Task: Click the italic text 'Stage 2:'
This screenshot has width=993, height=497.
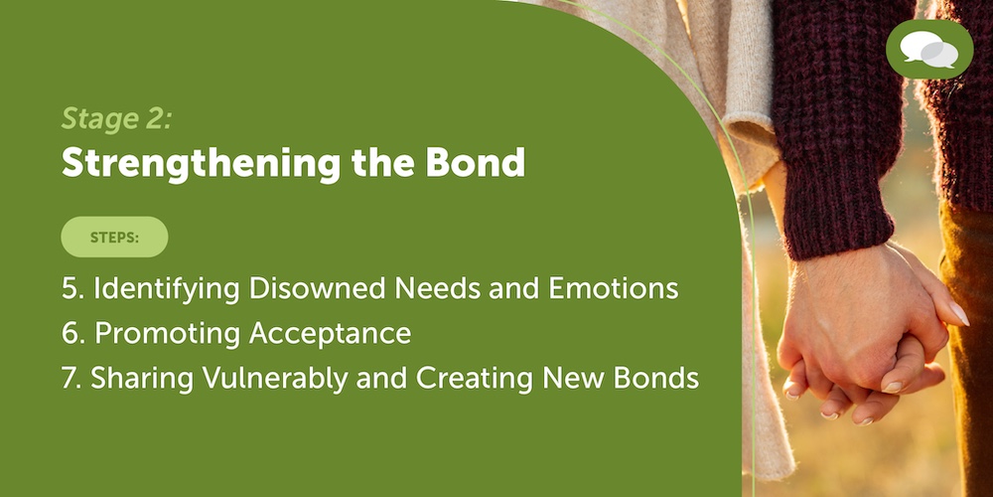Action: coord(116,119)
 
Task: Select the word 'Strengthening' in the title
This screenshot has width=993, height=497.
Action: coord(201,164)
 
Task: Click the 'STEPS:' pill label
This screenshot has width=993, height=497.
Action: coord(114,238)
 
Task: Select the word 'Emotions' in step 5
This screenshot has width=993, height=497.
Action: coord(613,289)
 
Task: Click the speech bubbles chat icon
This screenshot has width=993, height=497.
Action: coord(929,50)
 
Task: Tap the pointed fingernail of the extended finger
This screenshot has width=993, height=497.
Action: coord(958,313)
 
